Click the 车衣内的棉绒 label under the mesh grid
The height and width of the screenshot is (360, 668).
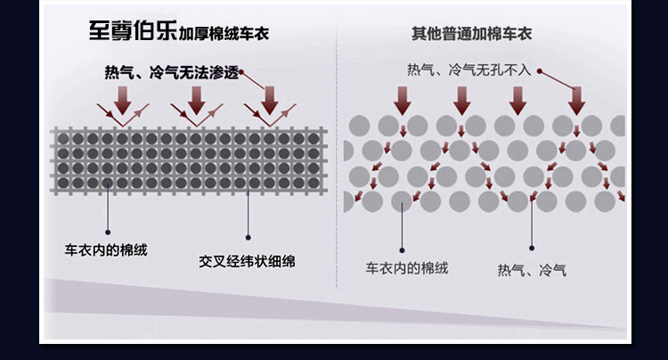click(x=106, y=250)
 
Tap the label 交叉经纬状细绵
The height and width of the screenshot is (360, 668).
click(x=247, y=261)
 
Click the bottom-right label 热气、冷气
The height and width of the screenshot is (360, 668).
click(x=532, y=268)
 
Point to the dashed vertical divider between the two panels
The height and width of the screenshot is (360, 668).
click(x=337, y=160)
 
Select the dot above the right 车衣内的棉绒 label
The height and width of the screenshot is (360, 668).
click(x=403, y=250)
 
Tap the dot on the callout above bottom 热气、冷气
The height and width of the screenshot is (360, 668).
click(x=532, y=249)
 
